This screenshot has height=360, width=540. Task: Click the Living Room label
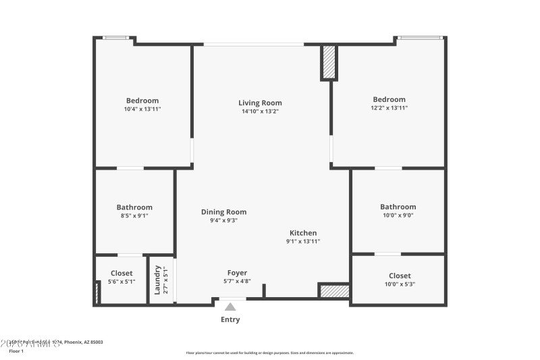coord(260,103)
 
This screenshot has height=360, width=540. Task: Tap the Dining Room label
coord(223,211)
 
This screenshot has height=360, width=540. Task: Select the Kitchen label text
coord(303,232)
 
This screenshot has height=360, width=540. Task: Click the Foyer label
coord(237,273)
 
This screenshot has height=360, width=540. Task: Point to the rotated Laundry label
coord(157,279)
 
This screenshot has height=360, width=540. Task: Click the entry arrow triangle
coord(230,307)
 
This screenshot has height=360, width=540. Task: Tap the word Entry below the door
coord(230,319)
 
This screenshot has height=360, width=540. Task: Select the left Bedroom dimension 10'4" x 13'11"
coord(142,109)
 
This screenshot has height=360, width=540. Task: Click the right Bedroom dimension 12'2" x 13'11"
coord(389,107)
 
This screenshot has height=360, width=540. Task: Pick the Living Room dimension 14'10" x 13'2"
coord(260,111)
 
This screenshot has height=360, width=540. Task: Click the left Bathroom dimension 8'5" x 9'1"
coord(134,216)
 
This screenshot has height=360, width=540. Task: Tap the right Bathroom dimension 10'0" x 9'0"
coord(398,215)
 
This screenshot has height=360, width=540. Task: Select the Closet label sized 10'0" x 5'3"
coord(400,276)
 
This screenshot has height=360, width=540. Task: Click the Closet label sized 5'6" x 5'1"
coord(122,273)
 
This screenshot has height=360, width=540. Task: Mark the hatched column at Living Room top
coord(329,63)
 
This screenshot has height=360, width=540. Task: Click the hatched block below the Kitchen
coord(334,291)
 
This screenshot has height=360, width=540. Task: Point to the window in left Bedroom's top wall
coord(115,38)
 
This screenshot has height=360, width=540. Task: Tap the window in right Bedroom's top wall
coord(420,38)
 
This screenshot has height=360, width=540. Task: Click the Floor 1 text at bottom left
coord(16,351)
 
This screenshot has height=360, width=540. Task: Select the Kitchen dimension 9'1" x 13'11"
coord(303,241)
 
